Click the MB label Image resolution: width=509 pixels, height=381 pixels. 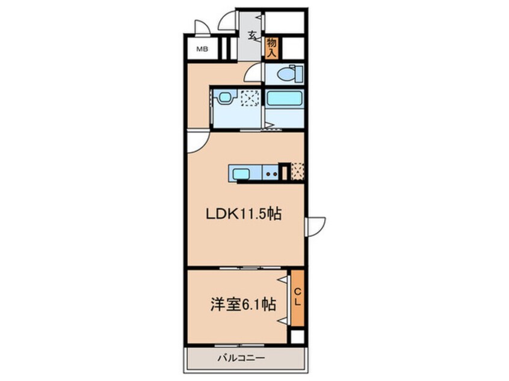(x=202, y=49)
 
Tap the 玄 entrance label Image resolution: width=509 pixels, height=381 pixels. (x=251, y=34)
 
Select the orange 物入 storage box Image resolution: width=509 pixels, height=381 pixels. (x=271, y=48)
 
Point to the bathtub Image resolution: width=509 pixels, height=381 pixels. (x=285, y=99)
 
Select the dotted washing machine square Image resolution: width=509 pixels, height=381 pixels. (x=249, y=98)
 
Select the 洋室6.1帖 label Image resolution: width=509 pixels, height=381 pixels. (x=242, y=305)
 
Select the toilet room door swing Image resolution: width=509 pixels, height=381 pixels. (x=254, y=73)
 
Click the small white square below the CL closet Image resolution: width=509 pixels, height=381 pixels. (x=297, y=337)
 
